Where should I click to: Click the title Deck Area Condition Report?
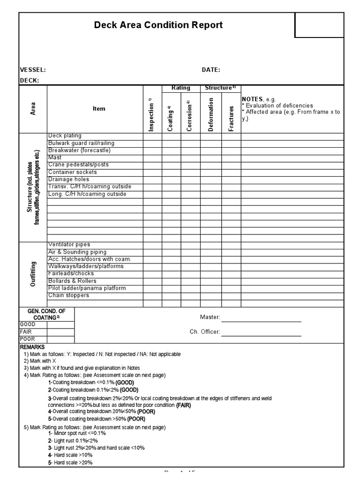[x=158, y=25]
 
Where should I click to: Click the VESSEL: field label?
[x=32, y=70]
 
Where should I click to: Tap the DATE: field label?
[x=211, y=70]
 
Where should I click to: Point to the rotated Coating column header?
[x=171, y=118]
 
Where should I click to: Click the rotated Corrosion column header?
[x=190, y=115]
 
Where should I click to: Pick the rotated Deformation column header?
[x=211, y=114]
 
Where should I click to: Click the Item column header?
[x=99, y=109]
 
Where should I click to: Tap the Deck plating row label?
[x=65, y=136]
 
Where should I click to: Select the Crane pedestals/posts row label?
[x=78, y=165]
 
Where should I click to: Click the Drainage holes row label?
[x=68, y=180]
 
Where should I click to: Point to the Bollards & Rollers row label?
[x=72, y=281]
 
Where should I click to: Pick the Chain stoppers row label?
[x=68, y=295]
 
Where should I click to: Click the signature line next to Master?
[x=261, y=321]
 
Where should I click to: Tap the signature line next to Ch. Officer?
[x=261, y=335]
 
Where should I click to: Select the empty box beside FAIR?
[x=60, y=331]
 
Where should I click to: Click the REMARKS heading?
[x=32, y=347]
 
